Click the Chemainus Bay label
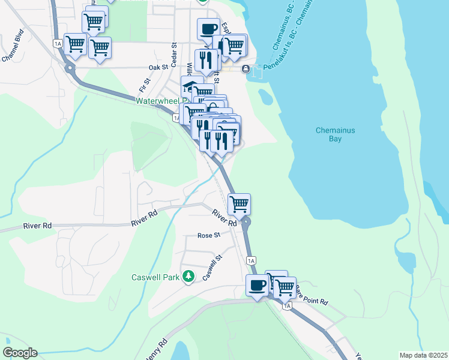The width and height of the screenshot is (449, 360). pyautogui.click(x=328, y=134)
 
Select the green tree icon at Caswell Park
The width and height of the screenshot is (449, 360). pyautogui.click(x=188, y=276)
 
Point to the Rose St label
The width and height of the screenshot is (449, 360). pyautogui.click(x=209, y=235)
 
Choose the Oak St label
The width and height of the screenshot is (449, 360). pyautogui.click(x=158, y=68)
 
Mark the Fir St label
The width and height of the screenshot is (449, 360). pyautogui.click(x=143, y=77)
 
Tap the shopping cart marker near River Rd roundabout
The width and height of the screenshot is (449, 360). pyautogui.click(x=239, y=204)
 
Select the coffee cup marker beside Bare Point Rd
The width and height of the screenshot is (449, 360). pyautogui.click(x=257, y=286)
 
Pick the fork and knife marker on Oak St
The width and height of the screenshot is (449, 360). pyautogui.click(x=206, y=60)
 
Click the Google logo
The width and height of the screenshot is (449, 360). pyautogui.click(x=20, y=353)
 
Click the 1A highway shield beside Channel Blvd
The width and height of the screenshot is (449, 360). pyautogui.click(x=58, y=43)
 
